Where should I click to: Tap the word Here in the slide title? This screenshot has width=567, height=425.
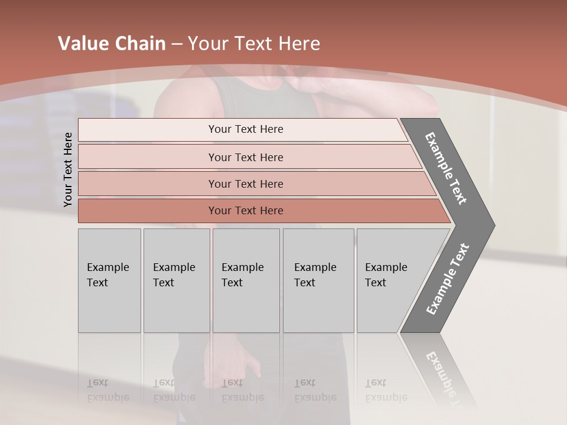pos(299,44)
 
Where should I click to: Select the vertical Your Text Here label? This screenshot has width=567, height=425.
pos(68,169)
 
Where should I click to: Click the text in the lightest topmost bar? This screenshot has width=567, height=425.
pos(246,129)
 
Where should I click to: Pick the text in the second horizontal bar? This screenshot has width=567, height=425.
pos(246,157)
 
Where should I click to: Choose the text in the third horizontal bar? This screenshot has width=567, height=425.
pos(246,184)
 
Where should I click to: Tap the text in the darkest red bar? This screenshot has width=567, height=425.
pos(246,210)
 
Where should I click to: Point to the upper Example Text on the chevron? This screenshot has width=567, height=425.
pos(447,168)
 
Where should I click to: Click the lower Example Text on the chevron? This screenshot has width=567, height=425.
pos(448,279)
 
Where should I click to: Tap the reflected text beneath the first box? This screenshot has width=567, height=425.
pos(107,390)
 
